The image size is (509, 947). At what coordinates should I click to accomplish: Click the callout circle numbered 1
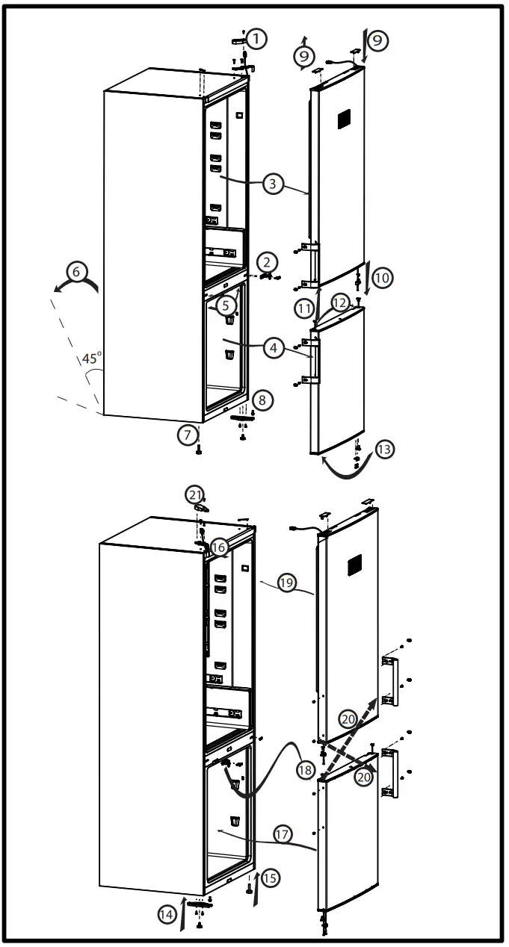tap(256, 37)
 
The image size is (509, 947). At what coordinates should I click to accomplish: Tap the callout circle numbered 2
tap(268, 261)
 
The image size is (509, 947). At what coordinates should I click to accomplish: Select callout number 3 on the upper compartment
tap(274, 184)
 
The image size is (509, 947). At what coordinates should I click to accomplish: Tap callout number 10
tap(381, 278)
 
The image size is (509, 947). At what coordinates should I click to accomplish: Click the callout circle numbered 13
tap(384, 449)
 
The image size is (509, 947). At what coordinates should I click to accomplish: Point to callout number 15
tap(268, 878)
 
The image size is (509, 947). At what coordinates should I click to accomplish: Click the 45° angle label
tap(91, 358)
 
